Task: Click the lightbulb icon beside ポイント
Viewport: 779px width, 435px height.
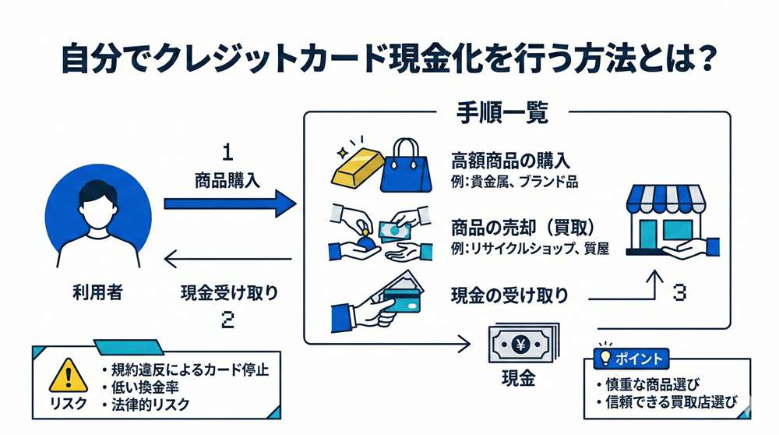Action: [x=604, y=358]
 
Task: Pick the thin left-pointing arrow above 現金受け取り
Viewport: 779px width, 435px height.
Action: [x=231, y=261]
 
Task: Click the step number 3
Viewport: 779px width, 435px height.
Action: [x=679, y=295]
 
